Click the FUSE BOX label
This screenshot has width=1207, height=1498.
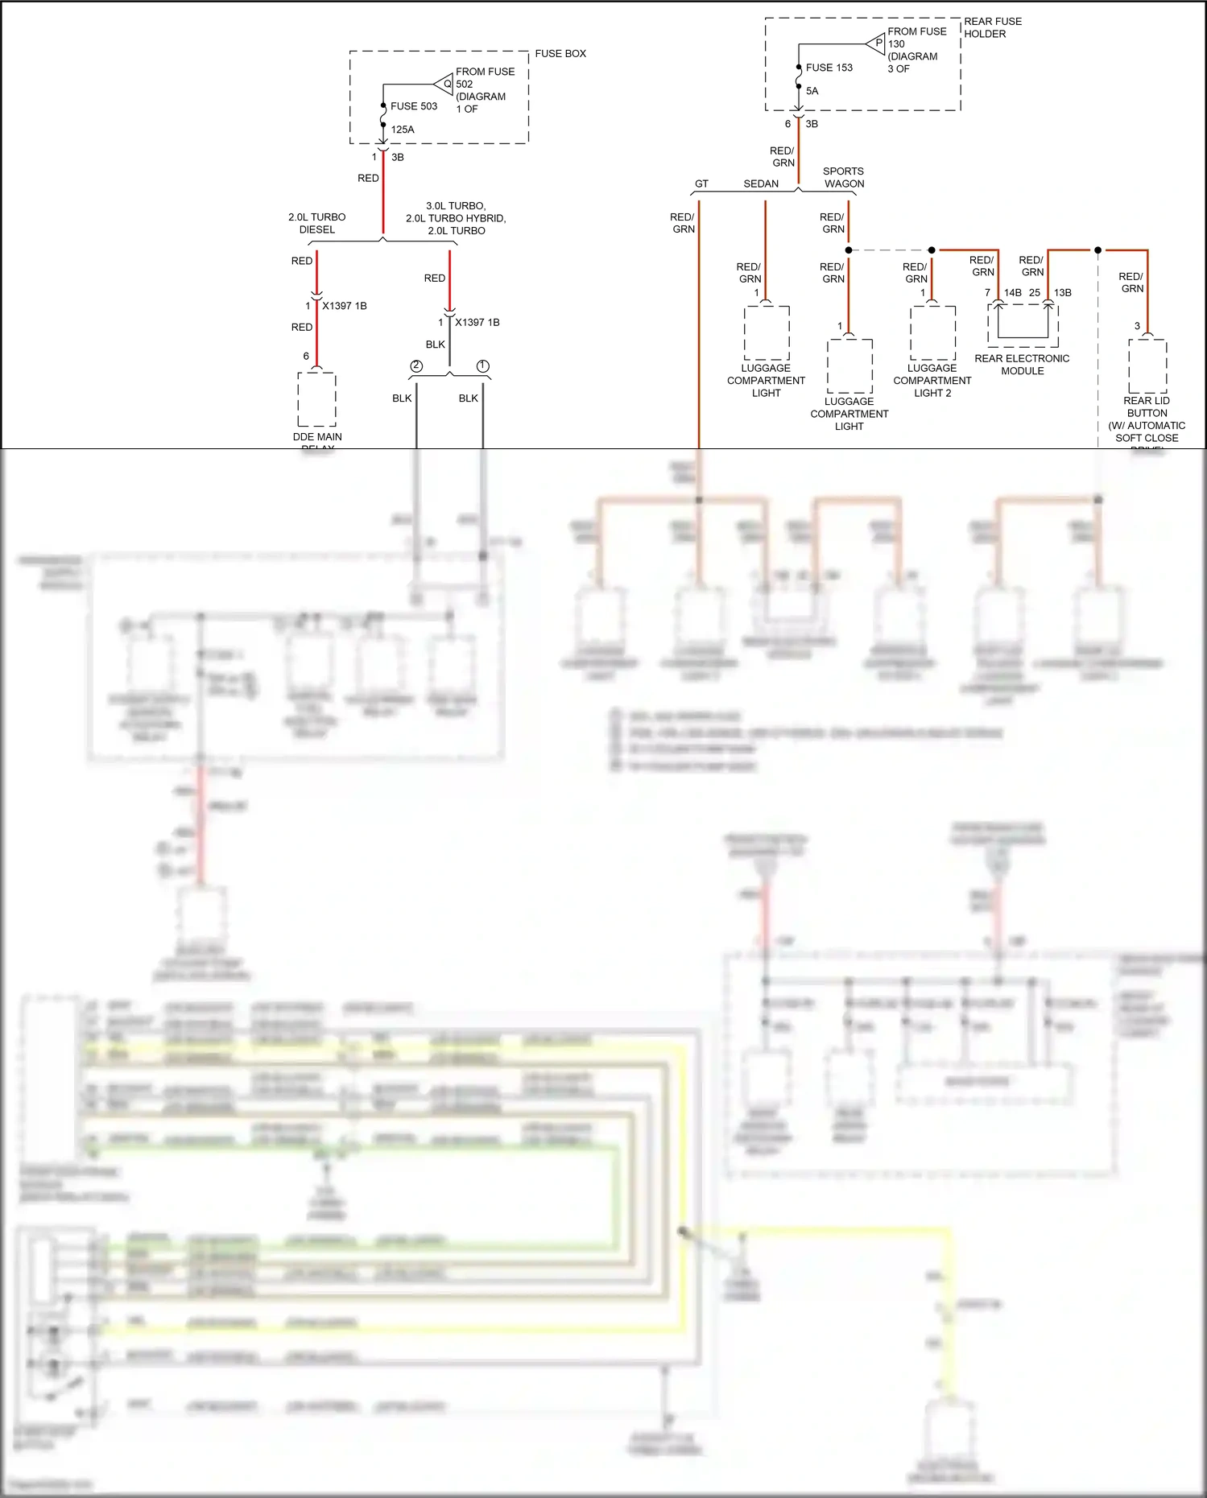[x=560, y=54]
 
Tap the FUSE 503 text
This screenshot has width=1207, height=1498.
[x=414, y=106]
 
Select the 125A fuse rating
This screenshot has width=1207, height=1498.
[x=403, y=130]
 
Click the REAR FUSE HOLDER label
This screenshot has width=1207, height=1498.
[x=992, y=27]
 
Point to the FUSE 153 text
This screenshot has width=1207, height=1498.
[x=829, y=68]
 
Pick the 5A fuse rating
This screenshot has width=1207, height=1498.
[x=812, y=91]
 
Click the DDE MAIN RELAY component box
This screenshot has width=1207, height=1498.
[x=317, y=399]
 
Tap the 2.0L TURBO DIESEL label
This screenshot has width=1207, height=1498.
[x=317, y=223]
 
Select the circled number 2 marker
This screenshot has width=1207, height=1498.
[x=416, y=366]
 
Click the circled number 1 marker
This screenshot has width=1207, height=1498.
[x=483, y=366]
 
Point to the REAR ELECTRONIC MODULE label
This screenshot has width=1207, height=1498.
[x=1022, y=365]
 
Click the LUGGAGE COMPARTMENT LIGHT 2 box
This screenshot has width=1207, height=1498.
[x=932, y=332]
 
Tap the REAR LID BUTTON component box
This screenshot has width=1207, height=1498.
[x=1147, y=365]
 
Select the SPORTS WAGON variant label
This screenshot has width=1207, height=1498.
[x=843, y=177]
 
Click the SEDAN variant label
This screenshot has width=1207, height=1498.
[x=761, y=184]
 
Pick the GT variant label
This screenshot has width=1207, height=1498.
[x=701, y=184]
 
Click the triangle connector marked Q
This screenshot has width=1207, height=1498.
[x=444, y=84]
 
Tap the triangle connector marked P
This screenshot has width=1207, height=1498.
[x=877, y=43]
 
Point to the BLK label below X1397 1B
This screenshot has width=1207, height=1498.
[x=436, y=345]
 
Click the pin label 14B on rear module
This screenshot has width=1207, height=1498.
[x=1012, y=293]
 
